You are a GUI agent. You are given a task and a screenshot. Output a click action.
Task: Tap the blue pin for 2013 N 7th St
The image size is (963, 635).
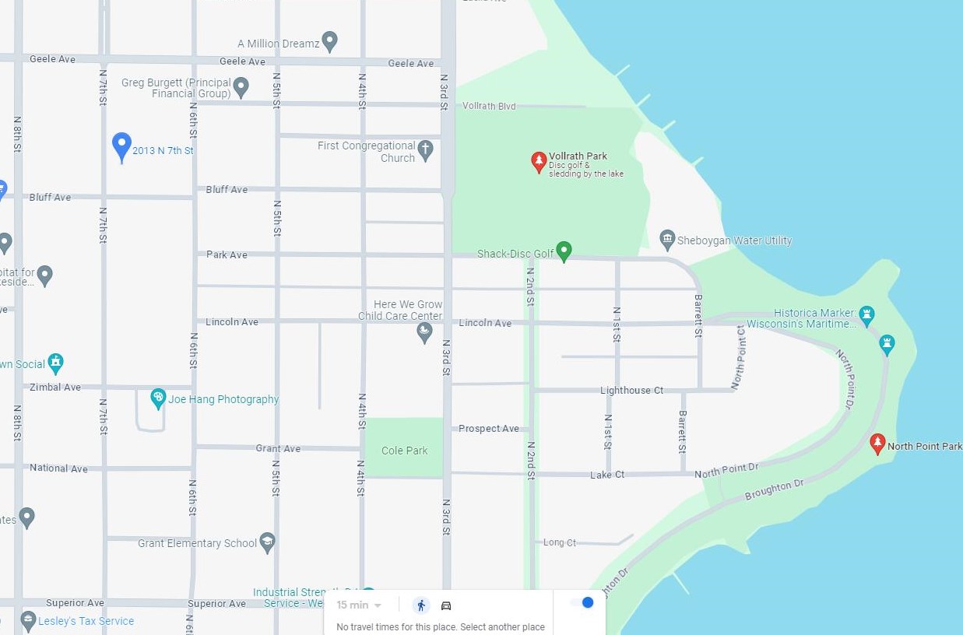[121, 146]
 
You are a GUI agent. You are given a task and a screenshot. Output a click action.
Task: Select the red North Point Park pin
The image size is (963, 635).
[877, 444]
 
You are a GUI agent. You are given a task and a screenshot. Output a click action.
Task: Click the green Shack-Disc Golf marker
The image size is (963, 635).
[564, 251]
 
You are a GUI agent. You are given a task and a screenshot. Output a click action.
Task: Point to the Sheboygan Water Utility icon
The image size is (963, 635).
[666, 239]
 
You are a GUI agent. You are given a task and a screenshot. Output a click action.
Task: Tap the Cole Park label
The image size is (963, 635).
[404, 451]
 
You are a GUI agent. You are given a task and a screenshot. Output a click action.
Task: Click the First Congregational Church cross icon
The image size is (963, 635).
[425, 149]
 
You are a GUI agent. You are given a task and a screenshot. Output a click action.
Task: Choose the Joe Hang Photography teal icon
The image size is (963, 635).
[158, 399]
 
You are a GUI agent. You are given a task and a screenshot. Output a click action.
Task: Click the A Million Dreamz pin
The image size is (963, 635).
[329, 41]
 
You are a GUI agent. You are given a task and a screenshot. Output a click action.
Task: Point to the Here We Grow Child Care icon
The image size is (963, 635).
[424, 332]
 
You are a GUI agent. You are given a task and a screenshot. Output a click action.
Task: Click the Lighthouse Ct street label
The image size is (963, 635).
[631, 390]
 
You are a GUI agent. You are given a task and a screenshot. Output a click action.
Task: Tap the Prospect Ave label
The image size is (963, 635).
[488, 429]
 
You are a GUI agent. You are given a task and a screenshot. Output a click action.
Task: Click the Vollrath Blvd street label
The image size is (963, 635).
[489, 106]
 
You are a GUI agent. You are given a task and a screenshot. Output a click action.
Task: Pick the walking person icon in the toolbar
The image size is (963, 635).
[421, 605]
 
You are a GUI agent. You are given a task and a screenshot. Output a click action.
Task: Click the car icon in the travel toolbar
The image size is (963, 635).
[446, 605]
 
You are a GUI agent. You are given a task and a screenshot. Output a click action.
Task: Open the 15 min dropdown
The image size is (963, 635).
[359, 605]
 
